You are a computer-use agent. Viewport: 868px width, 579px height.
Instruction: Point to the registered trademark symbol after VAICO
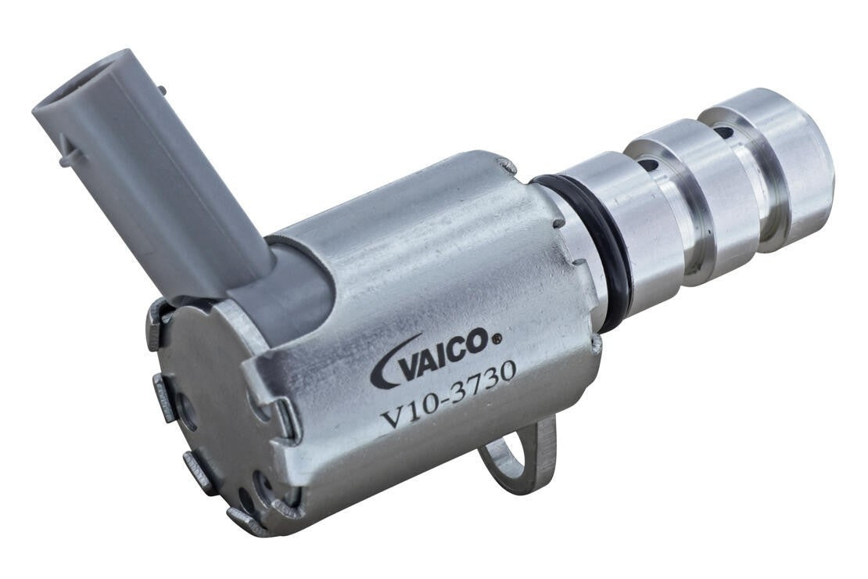[x=495, y=339]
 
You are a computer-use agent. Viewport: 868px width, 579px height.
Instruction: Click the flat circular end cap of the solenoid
[x=211, y=407]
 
